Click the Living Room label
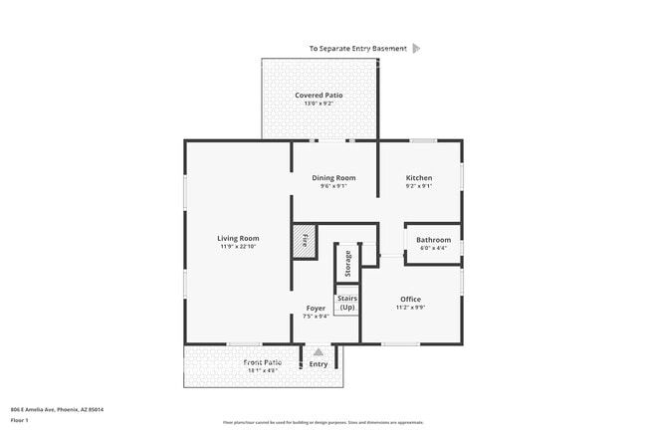click(239, 238)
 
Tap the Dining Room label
click(333, 178)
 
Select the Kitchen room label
click(418, 178)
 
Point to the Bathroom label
click(433, 240)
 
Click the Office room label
click(410, 299)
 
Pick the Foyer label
click(316, 309)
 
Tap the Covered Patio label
click(319, 96)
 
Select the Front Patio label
click(263, 363)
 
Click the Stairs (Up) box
click(346, 303)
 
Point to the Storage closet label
click(347, 264)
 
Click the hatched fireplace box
click(304, 241)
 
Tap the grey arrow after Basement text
click(416, 48)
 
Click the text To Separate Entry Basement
click(357, 48)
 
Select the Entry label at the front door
click(319, 364)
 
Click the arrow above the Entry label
click(319, 350)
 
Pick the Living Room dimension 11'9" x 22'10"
click(239, 247)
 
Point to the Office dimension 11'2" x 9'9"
click(410, 308)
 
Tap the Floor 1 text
click(19, 420)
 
